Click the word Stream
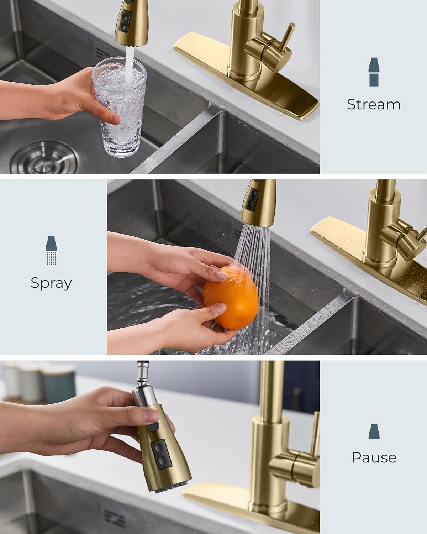tap(374, 104)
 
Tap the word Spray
tap(51, 283)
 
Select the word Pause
tap(374, 457)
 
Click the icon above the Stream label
tap(374, 72)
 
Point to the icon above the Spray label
tap(51, 250)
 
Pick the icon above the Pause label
tap(374, 431)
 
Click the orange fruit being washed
tap(231, 298)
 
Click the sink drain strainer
tap(44, 157)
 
